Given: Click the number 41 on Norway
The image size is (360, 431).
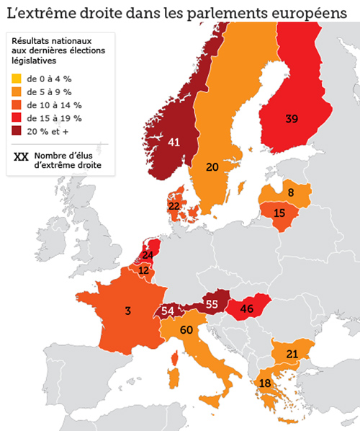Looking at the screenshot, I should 174,142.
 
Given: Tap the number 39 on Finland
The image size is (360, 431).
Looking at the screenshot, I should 292,118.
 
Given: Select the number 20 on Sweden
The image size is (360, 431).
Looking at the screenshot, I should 212,167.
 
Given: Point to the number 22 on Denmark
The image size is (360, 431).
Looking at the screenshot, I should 174,206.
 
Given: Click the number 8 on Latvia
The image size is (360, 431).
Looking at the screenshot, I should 291,192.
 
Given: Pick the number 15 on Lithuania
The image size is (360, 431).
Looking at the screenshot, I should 279,214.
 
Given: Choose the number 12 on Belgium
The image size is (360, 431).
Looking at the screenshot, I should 144,270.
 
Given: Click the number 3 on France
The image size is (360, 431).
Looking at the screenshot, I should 127,311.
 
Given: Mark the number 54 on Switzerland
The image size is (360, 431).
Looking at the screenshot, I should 168,311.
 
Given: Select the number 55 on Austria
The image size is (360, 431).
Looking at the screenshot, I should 212,304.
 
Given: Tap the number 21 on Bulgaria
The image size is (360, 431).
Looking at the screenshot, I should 293,353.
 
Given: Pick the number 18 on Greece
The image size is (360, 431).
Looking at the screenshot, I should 266,383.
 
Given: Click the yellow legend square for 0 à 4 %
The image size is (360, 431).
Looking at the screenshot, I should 16,79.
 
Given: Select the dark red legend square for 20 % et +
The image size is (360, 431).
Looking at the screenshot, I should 16,131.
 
